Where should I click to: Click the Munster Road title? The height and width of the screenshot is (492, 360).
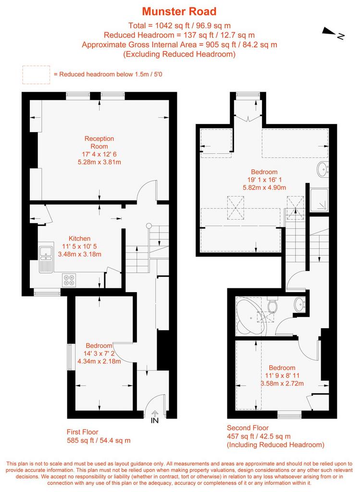[x=179, y=12]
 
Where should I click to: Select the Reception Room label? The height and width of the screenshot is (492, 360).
[x=99, y=142]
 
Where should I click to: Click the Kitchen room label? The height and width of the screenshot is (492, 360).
[x=79, y=238]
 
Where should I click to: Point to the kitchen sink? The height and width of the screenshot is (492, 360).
[x=46, y=259]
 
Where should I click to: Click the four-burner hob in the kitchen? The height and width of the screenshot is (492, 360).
[x=69, y=280]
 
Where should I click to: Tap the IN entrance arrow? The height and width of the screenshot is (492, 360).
[x=155, y=414]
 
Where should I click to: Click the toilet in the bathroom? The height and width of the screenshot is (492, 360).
[x=272, y=305]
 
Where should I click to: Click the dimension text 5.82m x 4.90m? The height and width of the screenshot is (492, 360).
[x=264, y=188]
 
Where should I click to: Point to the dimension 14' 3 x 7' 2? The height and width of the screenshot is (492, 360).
[x=99, y=353]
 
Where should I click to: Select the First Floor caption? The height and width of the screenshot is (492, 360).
[x=82, y=432]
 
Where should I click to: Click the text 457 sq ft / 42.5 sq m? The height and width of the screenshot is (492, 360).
[x=259, y=436]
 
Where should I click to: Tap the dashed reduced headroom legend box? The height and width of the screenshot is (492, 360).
[x=36, y=74]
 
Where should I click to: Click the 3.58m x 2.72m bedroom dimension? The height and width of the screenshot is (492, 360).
[x=282, y=383]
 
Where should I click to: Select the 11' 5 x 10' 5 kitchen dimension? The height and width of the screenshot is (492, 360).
[x=79, y=246]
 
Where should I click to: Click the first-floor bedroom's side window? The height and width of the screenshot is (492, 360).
[x=70, y=357]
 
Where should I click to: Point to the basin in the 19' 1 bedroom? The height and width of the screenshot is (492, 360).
[x=323, y=170]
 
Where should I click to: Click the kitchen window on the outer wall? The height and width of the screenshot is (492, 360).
[x=47, y=293]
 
